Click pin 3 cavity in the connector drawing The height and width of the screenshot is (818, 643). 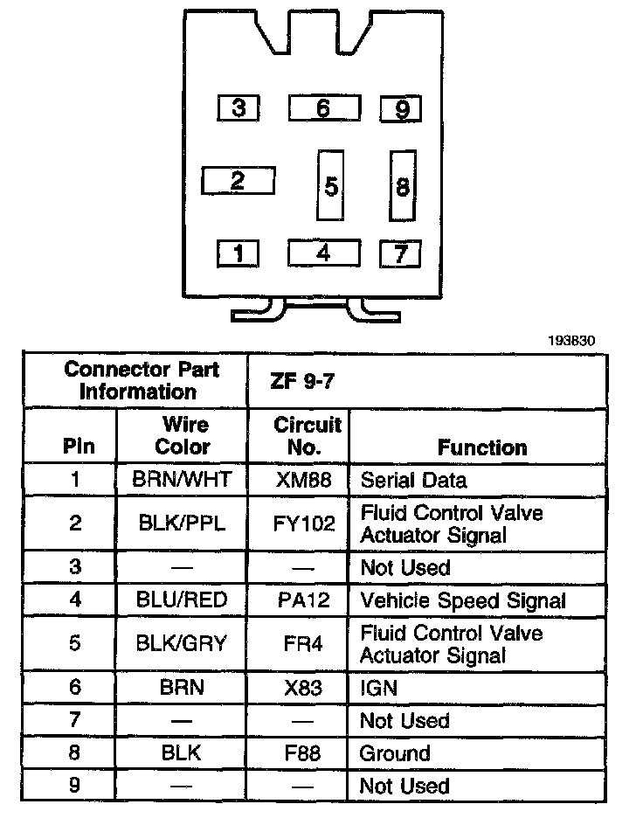(x=239, y=108)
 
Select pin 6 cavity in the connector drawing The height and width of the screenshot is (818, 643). (x=323, y=108)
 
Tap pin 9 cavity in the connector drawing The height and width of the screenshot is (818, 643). (x=401, y=108)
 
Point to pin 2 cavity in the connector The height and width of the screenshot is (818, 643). (x=238, y=181)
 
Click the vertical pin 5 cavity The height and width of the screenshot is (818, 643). (x=330, y=185)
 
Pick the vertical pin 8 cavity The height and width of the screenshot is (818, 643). (x=402, y=185)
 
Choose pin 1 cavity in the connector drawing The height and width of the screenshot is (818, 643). (x=239, y=253)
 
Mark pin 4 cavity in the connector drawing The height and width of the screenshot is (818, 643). (x=323, y=253)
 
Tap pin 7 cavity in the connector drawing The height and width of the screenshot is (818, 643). (x=400, y=253)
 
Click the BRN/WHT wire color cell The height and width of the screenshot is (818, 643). (x=182, y=480)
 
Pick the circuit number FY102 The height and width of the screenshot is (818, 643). (x=303, y=523)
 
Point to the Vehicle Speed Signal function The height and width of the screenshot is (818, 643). (x=463, y=600)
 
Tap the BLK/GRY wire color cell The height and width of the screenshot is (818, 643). (x=182, y=644)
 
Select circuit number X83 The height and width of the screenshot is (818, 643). (x=303, y=687)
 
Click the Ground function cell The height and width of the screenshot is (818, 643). (x=395, y=752)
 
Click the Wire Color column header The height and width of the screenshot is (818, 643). (x=183, y=435)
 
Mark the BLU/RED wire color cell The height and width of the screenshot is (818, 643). (x=182, y=600)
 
